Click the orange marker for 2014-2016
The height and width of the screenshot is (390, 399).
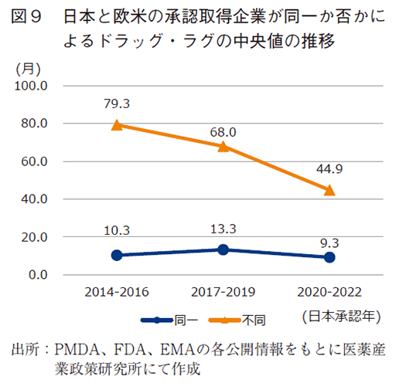(117, 125)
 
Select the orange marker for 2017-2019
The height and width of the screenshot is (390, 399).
(223, 146)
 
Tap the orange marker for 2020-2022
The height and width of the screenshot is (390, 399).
(329, 190)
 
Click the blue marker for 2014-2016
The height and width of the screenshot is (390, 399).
(117, 255)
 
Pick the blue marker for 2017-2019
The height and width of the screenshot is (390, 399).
(223, 249)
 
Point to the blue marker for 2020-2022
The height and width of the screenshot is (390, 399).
(329, 257)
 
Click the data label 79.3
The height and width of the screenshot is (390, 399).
(117, 103)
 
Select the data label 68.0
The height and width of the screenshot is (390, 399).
(223, 133)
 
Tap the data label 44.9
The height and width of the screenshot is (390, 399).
(329, 168)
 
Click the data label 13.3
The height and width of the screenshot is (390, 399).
(223, 229)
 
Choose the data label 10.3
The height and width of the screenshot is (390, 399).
(117, 231)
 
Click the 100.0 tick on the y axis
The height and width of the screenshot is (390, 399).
(32, 86)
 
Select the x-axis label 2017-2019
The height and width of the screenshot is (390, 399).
(223, 292)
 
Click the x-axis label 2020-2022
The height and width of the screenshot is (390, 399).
(329, 292)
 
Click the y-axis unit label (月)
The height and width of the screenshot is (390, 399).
(29, 68)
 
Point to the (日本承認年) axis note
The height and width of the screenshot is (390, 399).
(339, 316)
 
